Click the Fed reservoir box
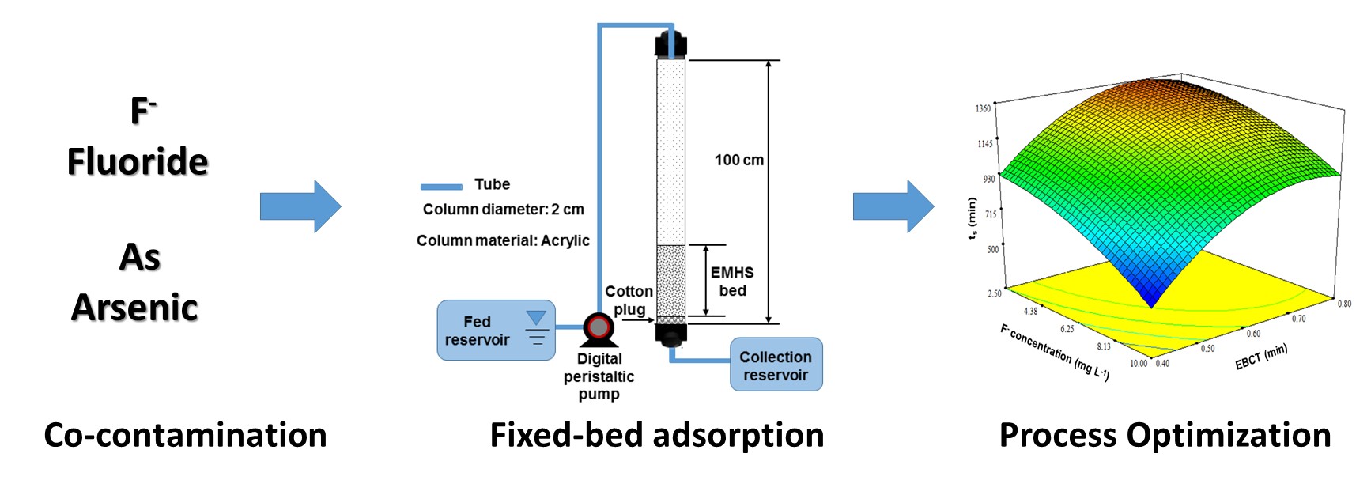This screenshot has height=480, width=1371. coord(496,331)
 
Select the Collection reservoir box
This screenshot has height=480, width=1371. coord(776,365)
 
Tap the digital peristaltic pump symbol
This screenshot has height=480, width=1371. coord(599,327)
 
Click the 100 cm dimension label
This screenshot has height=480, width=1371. coord(738,160)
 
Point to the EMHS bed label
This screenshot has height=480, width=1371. coord(732,282)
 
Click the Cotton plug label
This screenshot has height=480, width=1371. coord(629,300)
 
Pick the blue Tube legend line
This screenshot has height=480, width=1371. coord(441,187)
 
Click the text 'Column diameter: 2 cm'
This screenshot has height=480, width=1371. coord(503,210)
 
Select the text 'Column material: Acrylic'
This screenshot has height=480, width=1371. coord(503,240)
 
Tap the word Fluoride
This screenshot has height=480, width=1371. coord(138,161)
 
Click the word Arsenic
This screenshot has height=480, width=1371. coord(135,308)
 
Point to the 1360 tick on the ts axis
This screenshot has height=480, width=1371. coord(983,108)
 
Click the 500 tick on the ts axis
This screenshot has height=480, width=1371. coord(992,250)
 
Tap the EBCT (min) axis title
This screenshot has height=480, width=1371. coord(1261,357)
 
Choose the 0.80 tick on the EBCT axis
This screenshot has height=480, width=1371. coord(1344,304)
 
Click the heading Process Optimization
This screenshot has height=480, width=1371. coord(1165,436)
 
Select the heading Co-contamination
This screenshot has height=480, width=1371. coord(185,436)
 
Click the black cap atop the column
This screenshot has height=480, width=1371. coord(670,43)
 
